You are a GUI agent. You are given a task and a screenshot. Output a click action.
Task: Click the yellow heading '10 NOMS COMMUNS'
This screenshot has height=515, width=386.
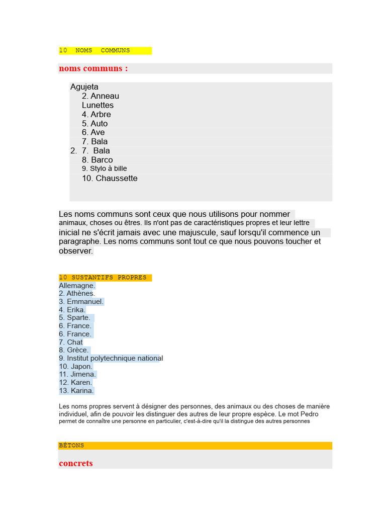[94, 51]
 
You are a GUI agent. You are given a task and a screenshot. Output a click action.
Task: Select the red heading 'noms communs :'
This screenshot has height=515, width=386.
[93, 68]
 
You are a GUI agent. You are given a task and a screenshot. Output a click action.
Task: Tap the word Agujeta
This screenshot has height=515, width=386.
[84, 87]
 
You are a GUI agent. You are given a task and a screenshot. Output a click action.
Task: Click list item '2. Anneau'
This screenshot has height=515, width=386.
[101, 96]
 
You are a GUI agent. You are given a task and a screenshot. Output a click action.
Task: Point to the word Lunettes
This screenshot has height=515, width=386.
[98, 105]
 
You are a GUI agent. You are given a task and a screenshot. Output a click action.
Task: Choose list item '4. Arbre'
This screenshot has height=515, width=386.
[96, 114]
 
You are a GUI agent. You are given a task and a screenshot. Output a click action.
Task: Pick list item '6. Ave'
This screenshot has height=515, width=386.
[93, 132]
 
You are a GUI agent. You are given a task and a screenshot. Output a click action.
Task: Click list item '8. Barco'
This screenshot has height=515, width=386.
[98, 160]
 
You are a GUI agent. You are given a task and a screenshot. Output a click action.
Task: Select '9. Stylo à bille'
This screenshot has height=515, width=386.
[105, 168]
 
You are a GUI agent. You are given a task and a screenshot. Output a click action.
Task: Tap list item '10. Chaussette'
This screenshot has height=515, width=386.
[110, 178]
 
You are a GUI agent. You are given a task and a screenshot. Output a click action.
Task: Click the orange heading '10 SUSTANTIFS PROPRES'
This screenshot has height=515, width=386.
[103, 278]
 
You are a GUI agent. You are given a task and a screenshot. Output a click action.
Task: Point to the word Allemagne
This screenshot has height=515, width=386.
[77, 286]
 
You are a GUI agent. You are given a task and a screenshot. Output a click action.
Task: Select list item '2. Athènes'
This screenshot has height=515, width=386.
[76, 294]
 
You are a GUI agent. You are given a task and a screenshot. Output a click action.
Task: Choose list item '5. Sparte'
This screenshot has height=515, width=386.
[75, 318]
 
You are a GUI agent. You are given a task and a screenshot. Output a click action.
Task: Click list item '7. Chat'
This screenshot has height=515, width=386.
[71, 342]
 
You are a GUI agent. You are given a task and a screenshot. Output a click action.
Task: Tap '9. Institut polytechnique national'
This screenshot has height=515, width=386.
[111, 358]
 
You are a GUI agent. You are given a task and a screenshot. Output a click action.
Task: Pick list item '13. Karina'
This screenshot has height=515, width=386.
[76, 390]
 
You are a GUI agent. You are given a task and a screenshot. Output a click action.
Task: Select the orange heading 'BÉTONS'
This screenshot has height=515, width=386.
[71, 446]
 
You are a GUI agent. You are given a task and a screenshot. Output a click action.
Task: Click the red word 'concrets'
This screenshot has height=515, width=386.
[76, 463]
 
